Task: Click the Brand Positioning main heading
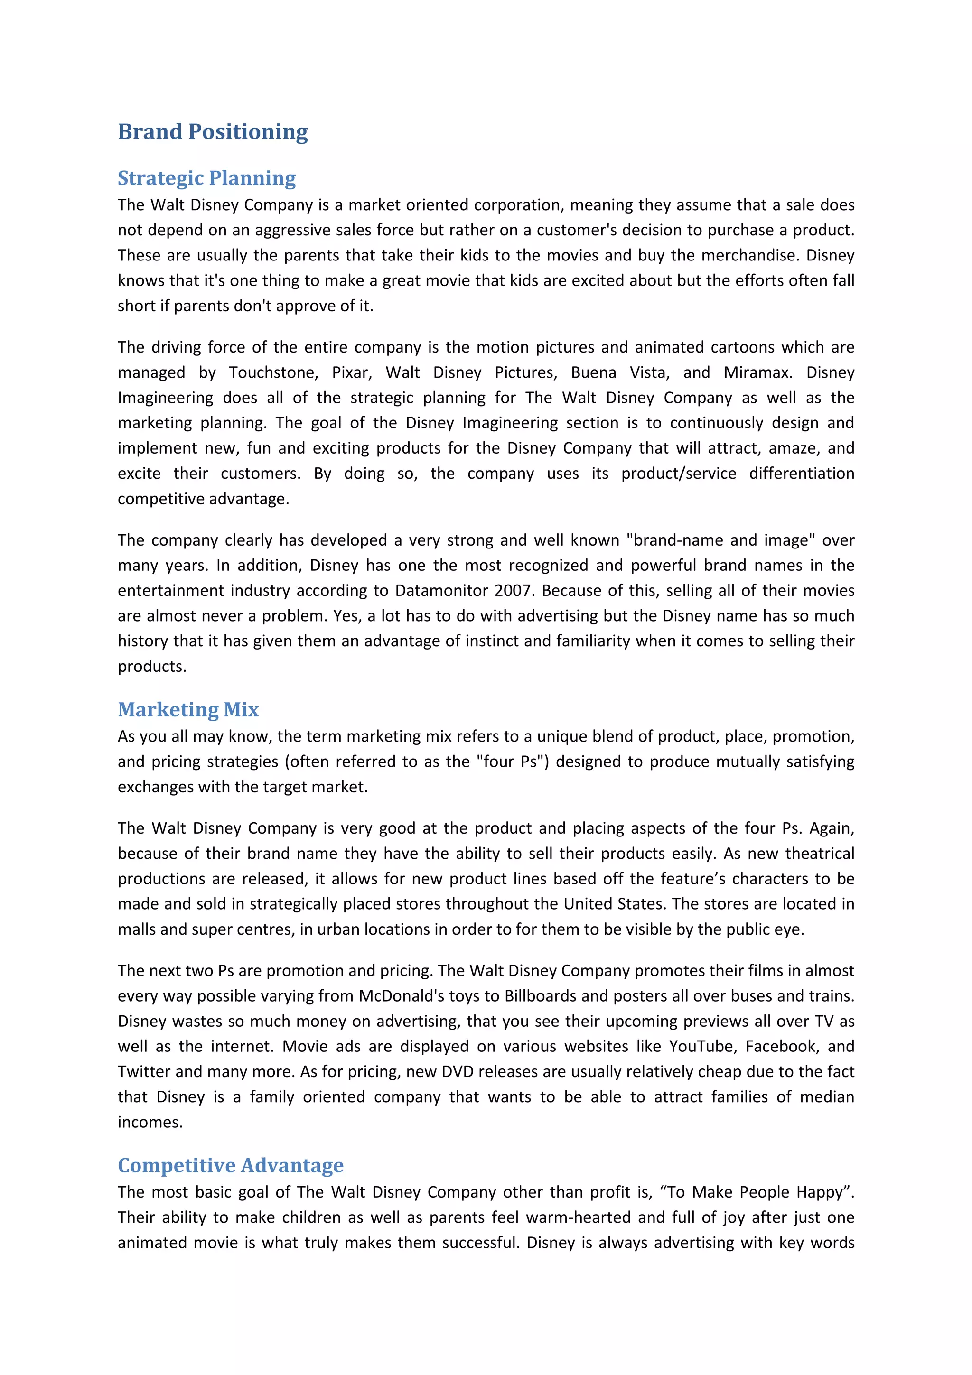coord(213,132)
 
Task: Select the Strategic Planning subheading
coord(206,178)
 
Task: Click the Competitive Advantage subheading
coord(231,1165)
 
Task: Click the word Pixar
coord(352,372)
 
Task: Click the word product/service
coord(679,473)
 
